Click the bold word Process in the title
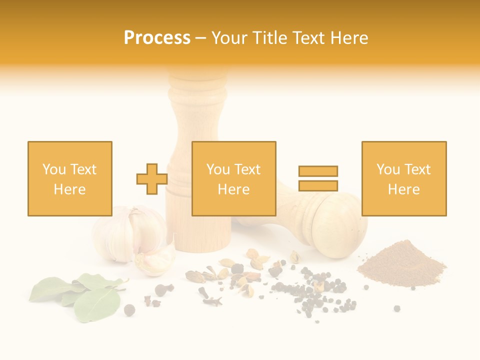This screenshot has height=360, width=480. click(x=157, y=38)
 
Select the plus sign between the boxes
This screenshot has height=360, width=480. click(x=152, y=179)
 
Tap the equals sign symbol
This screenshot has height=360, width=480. click(x=318, y=178)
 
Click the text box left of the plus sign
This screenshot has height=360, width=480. click(x=69, y=178)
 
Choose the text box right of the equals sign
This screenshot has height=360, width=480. click(x=403, y=178)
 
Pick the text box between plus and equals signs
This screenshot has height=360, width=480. click(x=233, y=178)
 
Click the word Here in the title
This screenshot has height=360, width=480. click(x=350, y=38)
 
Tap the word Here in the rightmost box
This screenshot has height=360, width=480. click(x=403, y=189)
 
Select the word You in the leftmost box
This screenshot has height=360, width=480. click(x=53, y=169)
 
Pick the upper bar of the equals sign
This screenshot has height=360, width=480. click(x=318, y=171)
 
